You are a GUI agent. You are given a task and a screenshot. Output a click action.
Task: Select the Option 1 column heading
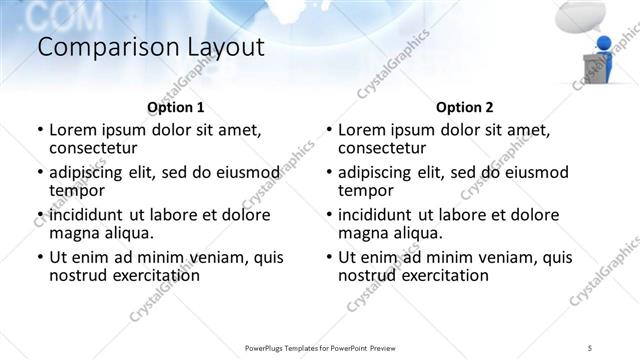click(175, 107)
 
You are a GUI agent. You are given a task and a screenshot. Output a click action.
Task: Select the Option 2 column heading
click(465, 107)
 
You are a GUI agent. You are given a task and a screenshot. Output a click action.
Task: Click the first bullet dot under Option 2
click(328, 131)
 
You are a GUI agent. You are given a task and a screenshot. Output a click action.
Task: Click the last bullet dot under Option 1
click(39, 258)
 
